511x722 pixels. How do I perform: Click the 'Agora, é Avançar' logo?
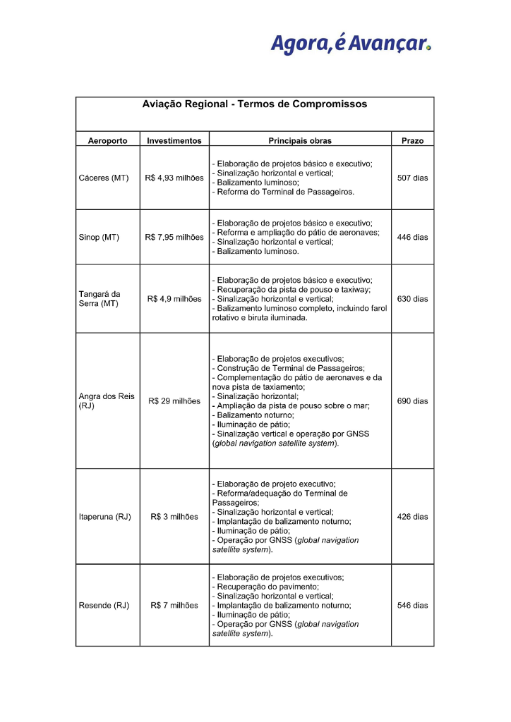(351, 43)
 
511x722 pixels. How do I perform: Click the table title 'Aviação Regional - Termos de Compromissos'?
(255, 104)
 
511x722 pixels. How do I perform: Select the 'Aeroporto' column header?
(107, 141)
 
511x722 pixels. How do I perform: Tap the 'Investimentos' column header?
(174, 141)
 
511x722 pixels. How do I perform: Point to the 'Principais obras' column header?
(300, 141)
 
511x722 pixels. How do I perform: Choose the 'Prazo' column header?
(412, 141)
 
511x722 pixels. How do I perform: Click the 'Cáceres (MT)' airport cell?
(104, 178)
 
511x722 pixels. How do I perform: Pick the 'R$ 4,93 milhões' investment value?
(174, 178)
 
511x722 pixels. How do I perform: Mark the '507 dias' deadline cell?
(412, 178)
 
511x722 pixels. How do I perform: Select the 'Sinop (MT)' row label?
(99, 237)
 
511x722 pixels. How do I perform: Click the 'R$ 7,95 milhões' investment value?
(174, 237)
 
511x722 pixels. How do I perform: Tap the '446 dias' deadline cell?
(412, 237)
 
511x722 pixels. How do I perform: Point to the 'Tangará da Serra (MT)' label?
(100, 299)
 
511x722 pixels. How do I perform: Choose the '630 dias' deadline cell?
(412, 299)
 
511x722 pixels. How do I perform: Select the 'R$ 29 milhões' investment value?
(174, 401)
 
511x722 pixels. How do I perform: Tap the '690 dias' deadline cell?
(412, 401)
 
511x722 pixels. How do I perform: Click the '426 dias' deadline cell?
(412, 517)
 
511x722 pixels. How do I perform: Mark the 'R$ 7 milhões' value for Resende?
(174, 606)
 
